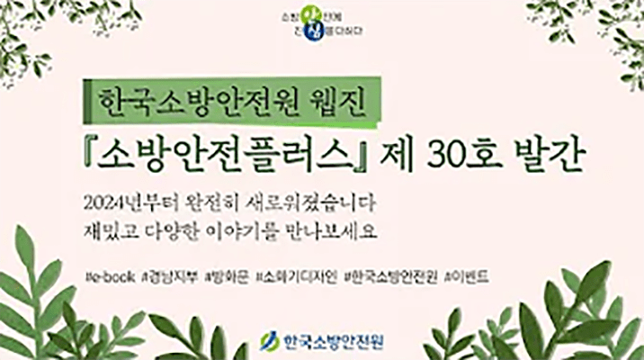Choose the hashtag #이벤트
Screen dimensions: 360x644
pos(467,275)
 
